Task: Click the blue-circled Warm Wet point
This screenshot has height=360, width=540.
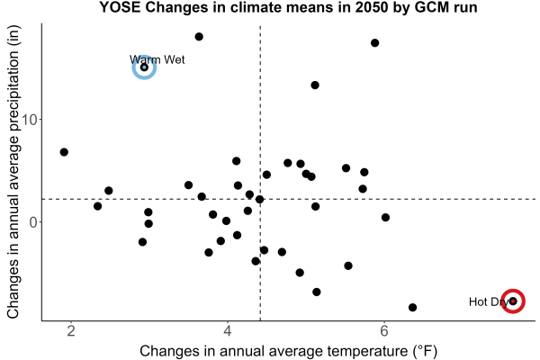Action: click(144, 67)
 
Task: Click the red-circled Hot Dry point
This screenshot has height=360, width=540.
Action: click(513, 301)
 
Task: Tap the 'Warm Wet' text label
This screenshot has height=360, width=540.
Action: click(157, 59)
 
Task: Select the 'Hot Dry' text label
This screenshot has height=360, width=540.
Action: click(489, 301)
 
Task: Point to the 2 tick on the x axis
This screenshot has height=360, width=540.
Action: click(71, 331)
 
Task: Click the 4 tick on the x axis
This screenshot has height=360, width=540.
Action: click(228, 331)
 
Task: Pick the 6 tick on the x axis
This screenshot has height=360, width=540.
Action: click(384, 331)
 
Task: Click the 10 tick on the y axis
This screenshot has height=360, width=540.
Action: click(30, 120)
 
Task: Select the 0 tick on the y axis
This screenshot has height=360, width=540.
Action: click(33, 222)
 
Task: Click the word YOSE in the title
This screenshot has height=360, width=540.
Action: click(121, 7)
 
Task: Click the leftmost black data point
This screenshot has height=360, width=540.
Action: click(64, 152)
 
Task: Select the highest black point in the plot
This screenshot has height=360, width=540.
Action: click(199, 37)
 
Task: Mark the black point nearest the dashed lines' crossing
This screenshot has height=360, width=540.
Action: click(260, 200)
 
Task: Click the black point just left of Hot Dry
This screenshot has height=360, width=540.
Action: click(412, 307)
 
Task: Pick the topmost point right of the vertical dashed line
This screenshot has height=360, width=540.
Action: click(375, 42)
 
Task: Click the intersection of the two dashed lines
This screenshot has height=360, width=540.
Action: click(260, 199)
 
